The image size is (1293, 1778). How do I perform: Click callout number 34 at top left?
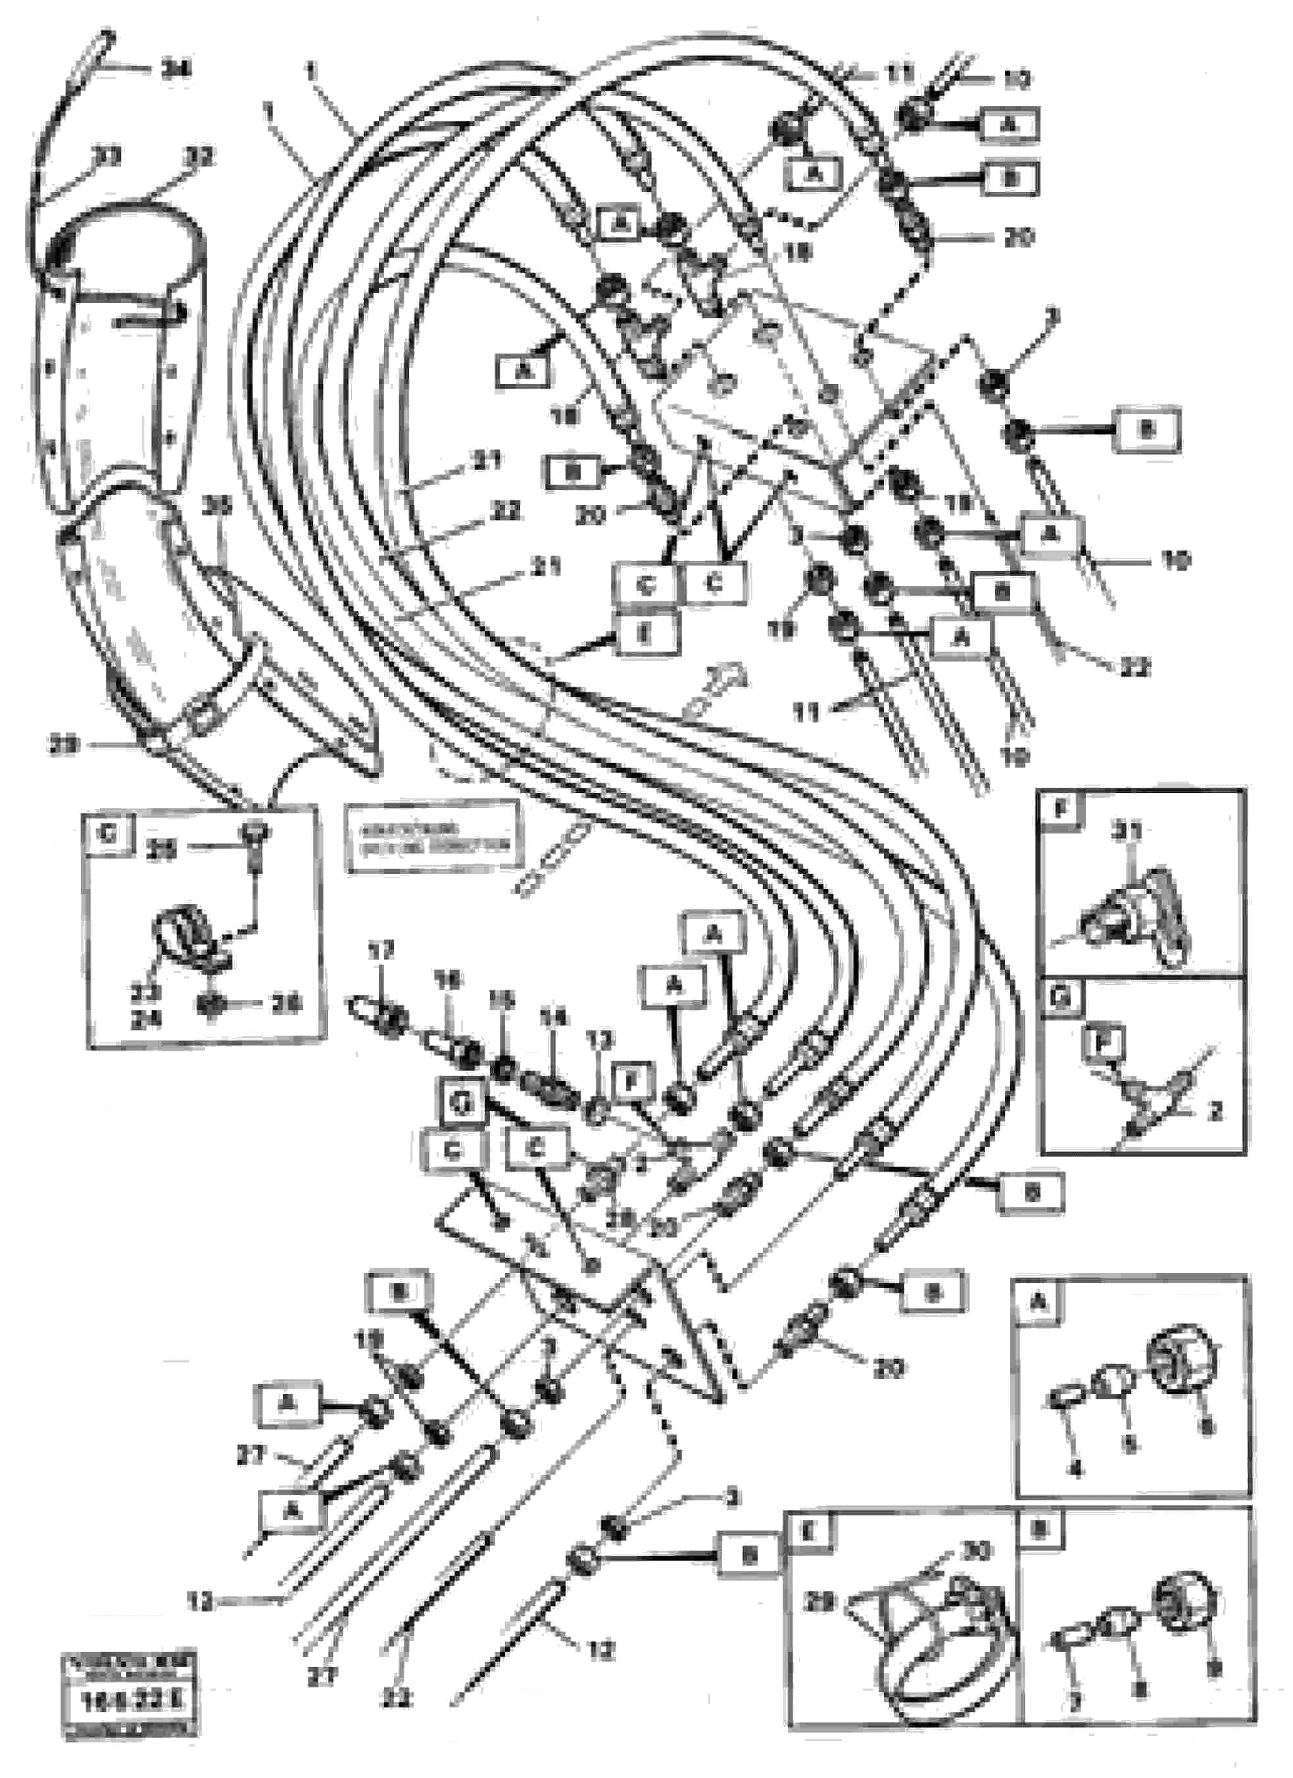click(x=176, y=70)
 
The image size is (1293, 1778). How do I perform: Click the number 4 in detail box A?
click(x=1076, y=1472)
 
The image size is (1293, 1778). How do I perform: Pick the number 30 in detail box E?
click(x=979, y=1550)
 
